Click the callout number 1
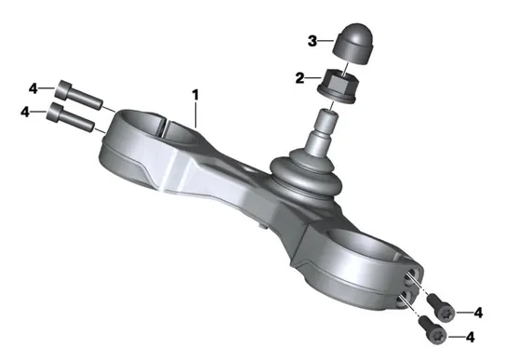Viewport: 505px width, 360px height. click(195, 95)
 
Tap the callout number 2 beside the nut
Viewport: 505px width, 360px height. click(299, 78)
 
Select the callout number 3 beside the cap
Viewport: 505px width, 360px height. click(312, 41)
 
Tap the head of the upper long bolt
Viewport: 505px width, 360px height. click(63, 89)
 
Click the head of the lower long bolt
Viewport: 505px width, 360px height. click(55, 112)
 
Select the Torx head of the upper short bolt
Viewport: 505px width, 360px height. click(446, 312)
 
